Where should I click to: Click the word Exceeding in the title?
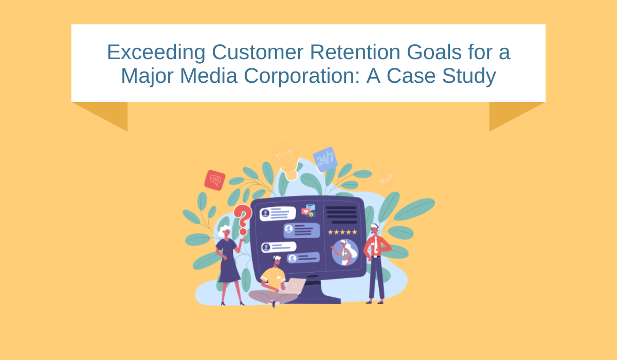(156, 52)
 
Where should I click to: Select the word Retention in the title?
(355, 52)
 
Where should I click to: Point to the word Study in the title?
(469, 76)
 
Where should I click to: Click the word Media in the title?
(209, 76)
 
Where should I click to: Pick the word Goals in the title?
(434, 52)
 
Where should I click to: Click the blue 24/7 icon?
(325, 159)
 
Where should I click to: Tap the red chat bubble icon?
(215, 180)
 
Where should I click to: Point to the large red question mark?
(243, 220)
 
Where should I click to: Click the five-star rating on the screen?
(342, 232)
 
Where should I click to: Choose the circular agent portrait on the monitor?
(344, 253)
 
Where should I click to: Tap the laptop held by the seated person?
(295, 285)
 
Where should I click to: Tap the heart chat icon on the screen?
(305, 211)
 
